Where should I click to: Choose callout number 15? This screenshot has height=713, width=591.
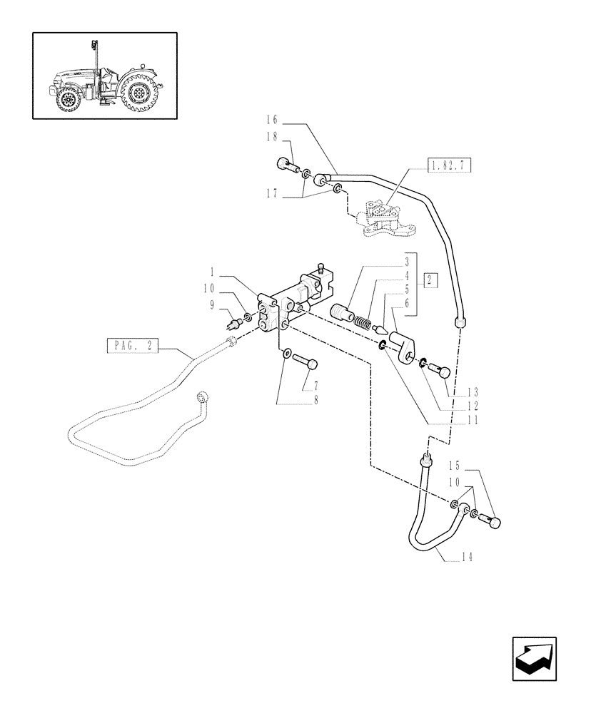pyautogui.click(x=454, y=466)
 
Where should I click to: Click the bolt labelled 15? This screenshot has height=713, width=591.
pyautogui.click(x=490, y=522)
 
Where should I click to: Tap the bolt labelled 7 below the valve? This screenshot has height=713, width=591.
pyautogui.click(x=306, y=362)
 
